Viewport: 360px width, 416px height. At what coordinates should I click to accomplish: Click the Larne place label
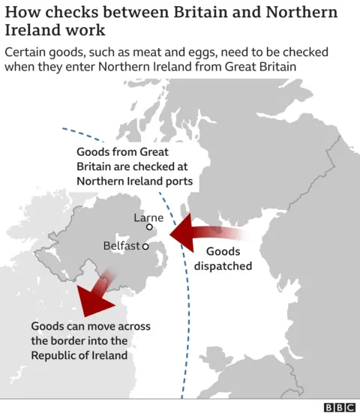[148, 217]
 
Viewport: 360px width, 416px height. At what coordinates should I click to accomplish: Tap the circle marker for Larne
[149, 227]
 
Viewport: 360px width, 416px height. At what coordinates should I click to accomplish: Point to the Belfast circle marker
[145, 246]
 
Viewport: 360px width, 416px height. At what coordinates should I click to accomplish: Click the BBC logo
[339, 407]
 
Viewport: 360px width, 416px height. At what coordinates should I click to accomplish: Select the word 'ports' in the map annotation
[177, 181]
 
